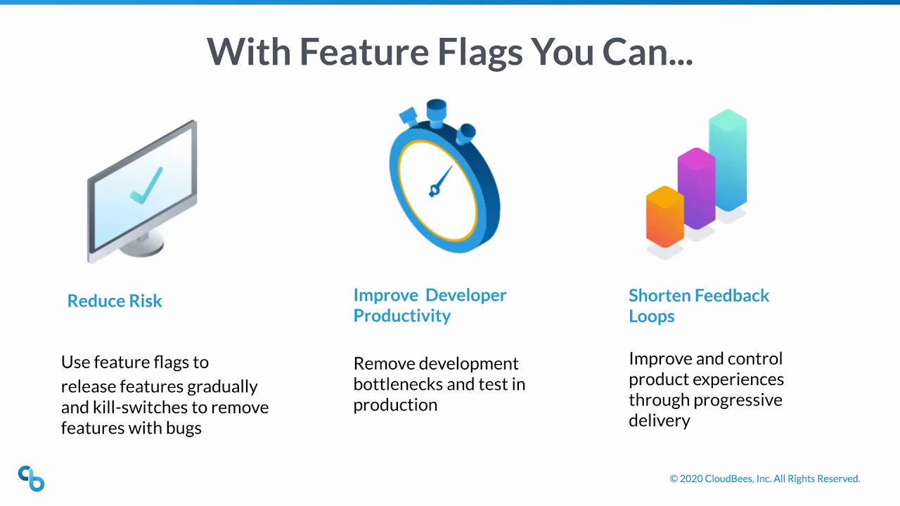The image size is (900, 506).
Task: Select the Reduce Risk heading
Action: pyautogui.click(x=115, y=301)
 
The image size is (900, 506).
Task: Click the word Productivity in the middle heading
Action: pyautogui.click(x=401, y=316)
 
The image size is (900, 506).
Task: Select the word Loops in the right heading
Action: pyautogui.click(x=651, y=316)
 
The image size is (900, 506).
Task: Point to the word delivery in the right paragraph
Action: pyautogui.click(x=659, y=420)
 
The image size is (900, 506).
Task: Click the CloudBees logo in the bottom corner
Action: pyautogui.click(x=31, y=479)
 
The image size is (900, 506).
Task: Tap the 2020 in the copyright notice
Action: pyautogui.click(x=692, y=479)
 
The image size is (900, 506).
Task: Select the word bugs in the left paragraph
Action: pyautogui.click(x=184, y=427)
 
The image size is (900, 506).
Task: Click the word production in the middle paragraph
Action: pyautogui.click(x=395, y=405)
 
